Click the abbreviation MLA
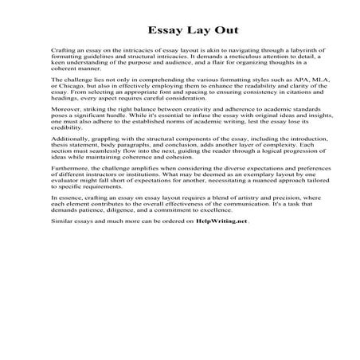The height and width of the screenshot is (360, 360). [289, 81]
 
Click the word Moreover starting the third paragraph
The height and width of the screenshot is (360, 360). [65, 112]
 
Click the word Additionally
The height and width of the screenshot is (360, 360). [69, 143]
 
